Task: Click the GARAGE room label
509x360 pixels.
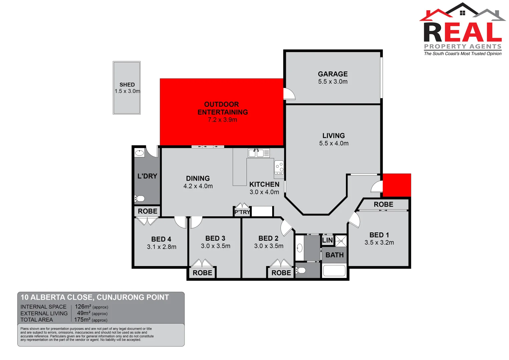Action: coord(333,74)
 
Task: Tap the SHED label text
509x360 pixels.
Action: coord(127,85)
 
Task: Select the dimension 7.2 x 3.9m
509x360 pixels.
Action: coord(222,120)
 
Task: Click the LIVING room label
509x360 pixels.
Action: coord(334,136)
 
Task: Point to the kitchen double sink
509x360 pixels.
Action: coord(256,153)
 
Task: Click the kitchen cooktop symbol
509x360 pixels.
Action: coord(279,168)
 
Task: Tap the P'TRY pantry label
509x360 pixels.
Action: coord(242,212)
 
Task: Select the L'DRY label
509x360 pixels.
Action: coord(147,176)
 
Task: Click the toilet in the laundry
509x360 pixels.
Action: coord(139,199)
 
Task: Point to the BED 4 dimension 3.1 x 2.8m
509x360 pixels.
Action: coord(162,247)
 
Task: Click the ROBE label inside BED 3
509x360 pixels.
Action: coord(202,273)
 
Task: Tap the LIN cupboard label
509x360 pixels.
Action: coord(327,240)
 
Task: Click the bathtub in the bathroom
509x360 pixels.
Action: coord(334,271)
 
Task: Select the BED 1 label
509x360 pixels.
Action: coord(379,235)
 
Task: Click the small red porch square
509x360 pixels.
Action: coord(397,185)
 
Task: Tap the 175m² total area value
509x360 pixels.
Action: coord(82,320)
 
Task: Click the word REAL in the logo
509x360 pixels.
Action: coord(463,33)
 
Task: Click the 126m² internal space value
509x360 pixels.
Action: coord(83,307)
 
